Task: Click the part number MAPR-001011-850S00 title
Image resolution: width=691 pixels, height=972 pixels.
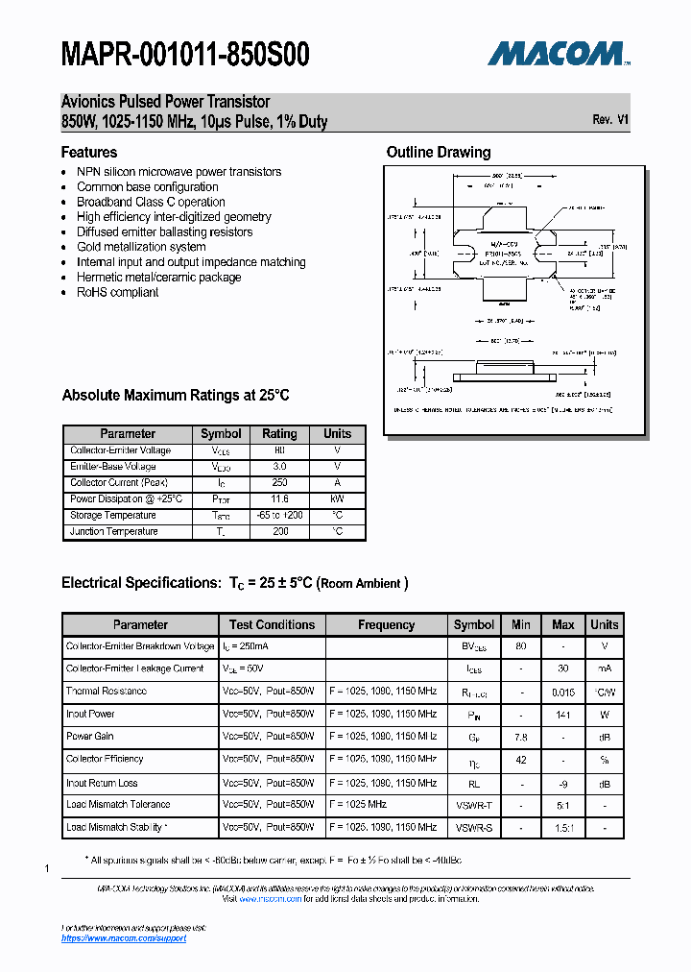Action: (x=185, y=56)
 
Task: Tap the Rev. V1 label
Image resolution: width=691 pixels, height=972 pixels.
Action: (x=610, y=120)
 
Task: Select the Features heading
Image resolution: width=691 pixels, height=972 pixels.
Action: (x=89, y=152)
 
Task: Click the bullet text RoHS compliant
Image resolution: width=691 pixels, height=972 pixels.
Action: (x=118, y=292)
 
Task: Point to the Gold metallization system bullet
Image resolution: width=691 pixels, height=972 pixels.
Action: (x=141, y=247)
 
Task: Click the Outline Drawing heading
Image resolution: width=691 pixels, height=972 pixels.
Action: (x=438, y=152)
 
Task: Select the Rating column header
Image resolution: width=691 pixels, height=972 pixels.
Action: (x=279, y=433)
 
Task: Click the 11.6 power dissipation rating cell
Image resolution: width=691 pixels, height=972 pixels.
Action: (x=279, y=499)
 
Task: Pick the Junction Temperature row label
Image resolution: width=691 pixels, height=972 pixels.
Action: (x=114, y=531)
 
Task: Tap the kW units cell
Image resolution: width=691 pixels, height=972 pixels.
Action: (x=337, y=499)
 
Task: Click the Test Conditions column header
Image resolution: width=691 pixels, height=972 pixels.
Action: (x=272, y=624)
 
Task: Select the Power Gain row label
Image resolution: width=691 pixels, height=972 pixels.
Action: (x=90, y=736)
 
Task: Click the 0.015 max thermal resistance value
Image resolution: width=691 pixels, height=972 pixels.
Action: (x=563, y=691)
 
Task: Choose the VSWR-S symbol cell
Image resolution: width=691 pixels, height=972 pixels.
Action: (x=474, y=827)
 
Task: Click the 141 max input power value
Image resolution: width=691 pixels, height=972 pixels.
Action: (x=563, y=714)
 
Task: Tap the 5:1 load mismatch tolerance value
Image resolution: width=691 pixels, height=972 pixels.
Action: (x=563, y=804)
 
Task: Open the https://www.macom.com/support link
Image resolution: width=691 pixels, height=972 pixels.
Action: (x=124, y=937)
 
